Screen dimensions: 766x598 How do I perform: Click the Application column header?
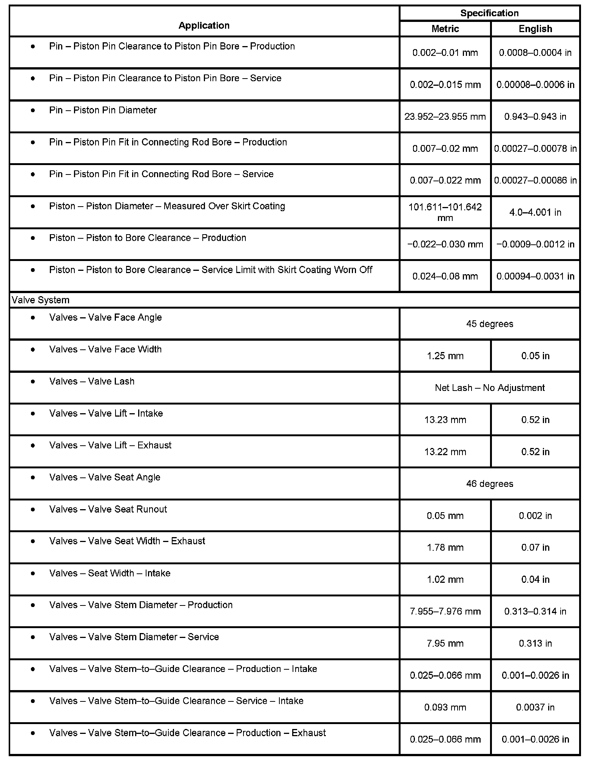pyautogui.click(x=204, y=25)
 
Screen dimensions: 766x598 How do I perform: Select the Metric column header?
pyautogui.click(x=445, y=29)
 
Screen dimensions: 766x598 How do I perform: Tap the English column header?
pyautogui.click(x=535, y=29)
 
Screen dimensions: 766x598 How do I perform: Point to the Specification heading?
pyautogui.click(x=489, y=13)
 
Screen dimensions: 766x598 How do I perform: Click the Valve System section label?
pyautogui.click(x=41, y=300)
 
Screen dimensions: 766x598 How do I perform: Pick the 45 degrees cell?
pyautogui.click(x=489, y=324)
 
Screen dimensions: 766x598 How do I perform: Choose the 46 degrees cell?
pyautogui.click(x=489, y=484)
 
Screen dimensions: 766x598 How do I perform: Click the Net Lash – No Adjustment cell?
pyautogui.click(x=489, y=388)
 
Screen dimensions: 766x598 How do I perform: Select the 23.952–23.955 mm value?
pyautogui.click(x=445, y=117)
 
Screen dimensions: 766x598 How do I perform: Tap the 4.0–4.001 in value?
pyautogui.click(x=535, y=212)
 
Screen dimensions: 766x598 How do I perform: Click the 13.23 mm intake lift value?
pyautogui.click(x=445, y=420)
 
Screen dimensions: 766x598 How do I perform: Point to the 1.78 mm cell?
pyautogui.click(x=445, y=547)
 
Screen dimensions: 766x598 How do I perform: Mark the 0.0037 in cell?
pyautogui.click(x=535, y=707)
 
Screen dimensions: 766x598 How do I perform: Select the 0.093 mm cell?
pyautogui.click(x=445, y=707)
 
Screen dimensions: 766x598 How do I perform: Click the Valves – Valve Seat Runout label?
pyautogui.click(x=108, y=509)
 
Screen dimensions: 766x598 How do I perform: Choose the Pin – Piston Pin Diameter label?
pyautogui.click(x=103, y=110)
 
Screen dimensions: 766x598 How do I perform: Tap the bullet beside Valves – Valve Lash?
pyautogui.click(x=33, y=381)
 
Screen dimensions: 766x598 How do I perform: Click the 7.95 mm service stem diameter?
pyautogui.click(x=445, y=643)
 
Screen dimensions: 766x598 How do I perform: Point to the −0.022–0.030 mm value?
pyautogui.click(x=445, y=244)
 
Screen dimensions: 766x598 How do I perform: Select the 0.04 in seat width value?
pyautogui.click(x=535, y=579)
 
